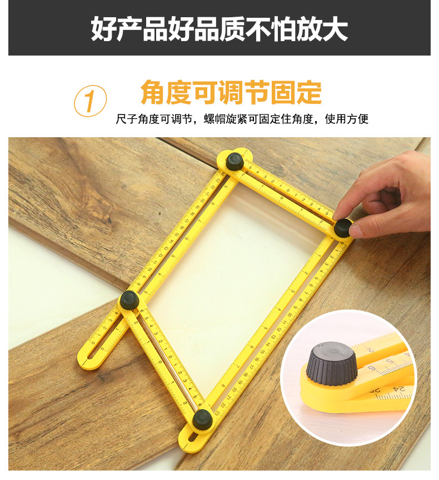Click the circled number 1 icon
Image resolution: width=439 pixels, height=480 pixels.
tap(90, 101)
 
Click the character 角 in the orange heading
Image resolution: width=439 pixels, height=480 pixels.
tap(153, 92)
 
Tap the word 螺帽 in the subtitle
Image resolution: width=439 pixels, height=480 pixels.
tap(214, 119)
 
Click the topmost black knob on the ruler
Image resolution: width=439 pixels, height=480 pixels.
tap(235, 161)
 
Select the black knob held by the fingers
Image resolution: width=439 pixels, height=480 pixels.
tap(342, 227)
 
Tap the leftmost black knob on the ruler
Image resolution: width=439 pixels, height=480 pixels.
tap(129, 300)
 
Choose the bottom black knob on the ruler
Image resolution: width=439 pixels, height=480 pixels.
tap(202, 419)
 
